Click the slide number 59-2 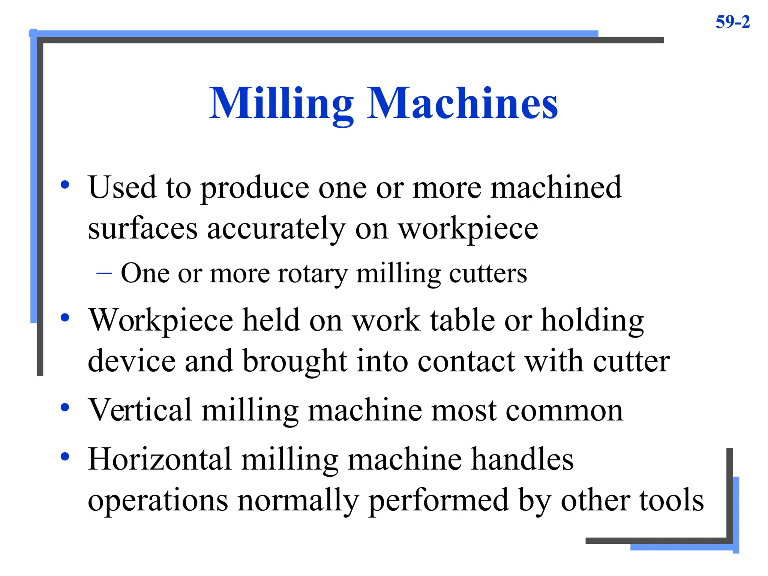coord(732,22)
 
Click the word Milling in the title coord(281,104)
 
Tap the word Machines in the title coord(462,103)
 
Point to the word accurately coord(276,229)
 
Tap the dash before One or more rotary coord(104,273)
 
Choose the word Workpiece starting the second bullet coord(160,321)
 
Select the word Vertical coord(140,410)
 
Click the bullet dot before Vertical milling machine coord(65,407)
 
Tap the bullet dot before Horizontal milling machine coord(65,456)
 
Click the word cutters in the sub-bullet coord(488,273)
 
